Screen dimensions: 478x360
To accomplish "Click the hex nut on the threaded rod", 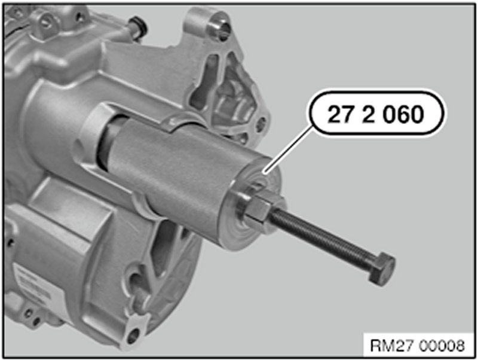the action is [258, 209].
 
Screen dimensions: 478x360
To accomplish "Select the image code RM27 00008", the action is [418, 346].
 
